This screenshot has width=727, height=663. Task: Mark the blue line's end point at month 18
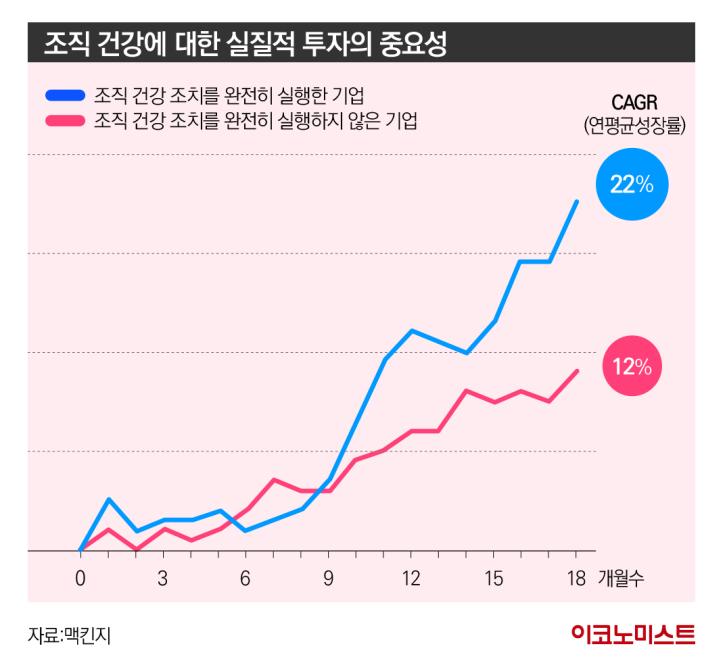(577, 201)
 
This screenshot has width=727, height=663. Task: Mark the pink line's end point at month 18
(577, 371)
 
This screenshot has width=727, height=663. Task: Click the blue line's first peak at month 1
(109, 499)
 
